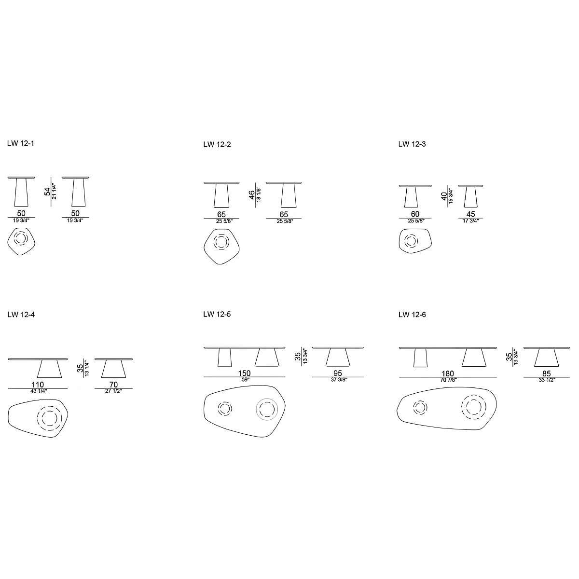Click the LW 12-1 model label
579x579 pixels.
click(x=20, y=143)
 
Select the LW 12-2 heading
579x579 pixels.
click(x=217, y=145)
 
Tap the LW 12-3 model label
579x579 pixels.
click(x=412, y=144)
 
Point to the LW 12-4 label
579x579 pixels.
click(x=21, y=315)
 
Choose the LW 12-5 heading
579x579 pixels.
click(x=217, y=314)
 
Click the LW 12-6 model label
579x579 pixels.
click(x=412, y=315)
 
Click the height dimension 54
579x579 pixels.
click(x=47, y=192)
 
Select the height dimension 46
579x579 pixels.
click(x=251, y=195)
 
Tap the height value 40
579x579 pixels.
click(x=444, y=196)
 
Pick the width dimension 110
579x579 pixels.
click(x=38, y=385)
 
